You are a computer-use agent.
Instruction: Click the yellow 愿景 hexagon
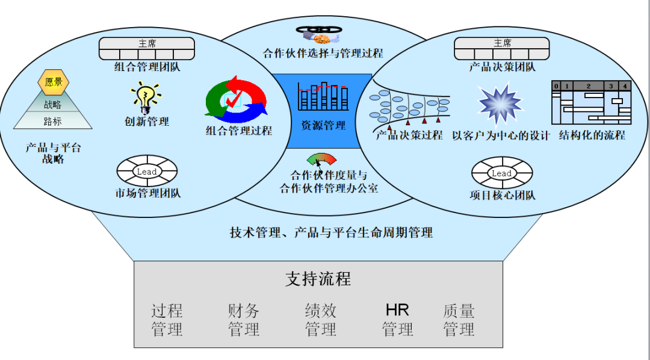[54, 82]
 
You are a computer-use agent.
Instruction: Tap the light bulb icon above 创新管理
[146, 97]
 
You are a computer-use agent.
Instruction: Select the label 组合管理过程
[239, 131]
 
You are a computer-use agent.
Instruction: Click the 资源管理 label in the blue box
[323, 126]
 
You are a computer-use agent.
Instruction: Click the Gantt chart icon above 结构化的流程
[591, 103]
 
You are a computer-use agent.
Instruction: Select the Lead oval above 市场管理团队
[147, 172]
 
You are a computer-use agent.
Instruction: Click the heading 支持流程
[318, 279]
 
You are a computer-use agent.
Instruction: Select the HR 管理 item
[397, 320]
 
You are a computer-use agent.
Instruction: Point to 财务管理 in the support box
[244, 320]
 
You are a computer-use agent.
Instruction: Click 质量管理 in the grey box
[459, 320]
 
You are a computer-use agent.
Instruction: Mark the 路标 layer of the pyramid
[53, 121]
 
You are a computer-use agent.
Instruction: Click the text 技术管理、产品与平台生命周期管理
[332, 232]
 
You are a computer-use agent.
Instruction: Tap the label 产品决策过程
[409, 135]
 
